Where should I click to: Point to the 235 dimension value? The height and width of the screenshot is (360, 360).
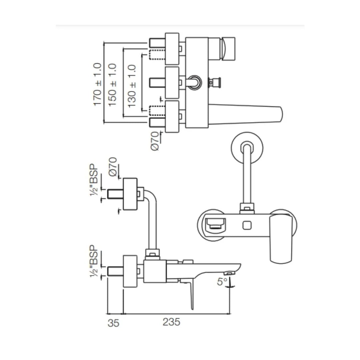click(171, 322)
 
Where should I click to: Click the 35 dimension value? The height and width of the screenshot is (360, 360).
click(114, 323)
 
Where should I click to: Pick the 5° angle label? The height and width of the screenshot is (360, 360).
click(222, 282)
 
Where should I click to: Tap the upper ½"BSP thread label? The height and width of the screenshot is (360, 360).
click(95, 180)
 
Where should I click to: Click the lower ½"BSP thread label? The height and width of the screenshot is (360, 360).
click(95, 262)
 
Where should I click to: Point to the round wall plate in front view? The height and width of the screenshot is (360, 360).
click(247, 149)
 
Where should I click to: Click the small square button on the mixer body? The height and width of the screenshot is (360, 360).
click(247, 226)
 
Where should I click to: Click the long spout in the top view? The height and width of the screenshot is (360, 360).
click(247, 114)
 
